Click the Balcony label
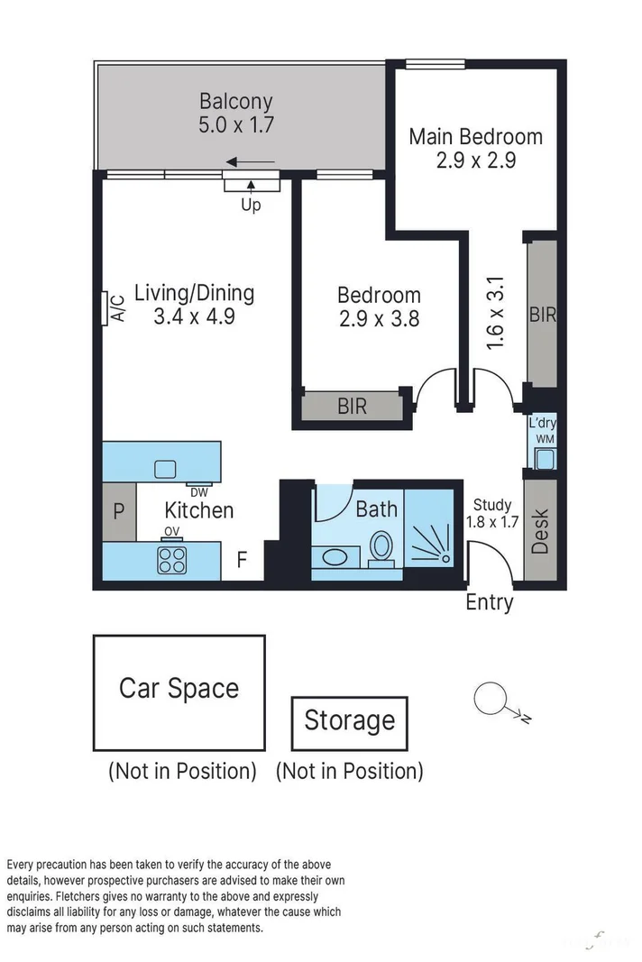tap(235, 101)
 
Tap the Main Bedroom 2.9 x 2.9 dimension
tap(476, 160)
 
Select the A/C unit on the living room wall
tap(105, 308)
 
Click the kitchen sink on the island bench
tap(164, 470)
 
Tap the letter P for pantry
tap(119, 511)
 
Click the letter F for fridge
tap(242, 560)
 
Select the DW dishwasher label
tap(199, 492)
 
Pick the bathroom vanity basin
tap(335, 558)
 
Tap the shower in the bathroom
tap(429, 534)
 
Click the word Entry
tap(490, 602)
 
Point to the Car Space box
tap(179, 692)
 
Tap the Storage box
tap(350, 723)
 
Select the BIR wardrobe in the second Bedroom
tap(353, 406)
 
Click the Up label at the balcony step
tap(251, 205)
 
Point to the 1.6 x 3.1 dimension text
tap(495, 313)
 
